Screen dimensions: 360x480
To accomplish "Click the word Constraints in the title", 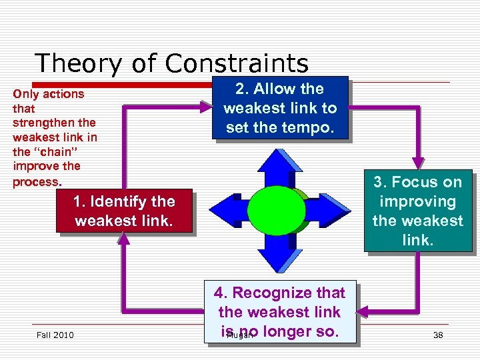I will pos(237,63).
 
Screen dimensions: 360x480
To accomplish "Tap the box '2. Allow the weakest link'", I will pos(280,108).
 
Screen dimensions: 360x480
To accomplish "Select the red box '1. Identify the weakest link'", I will pos(125,211).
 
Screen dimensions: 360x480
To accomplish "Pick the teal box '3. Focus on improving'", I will pos(418,211).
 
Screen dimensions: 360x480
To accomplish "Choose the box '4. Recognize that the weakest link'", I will pos(279,311).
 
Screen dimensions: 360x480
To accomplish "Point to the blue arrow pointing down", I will pos(280,253).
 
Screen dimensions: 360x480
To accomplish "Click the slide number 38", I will pos(438,335).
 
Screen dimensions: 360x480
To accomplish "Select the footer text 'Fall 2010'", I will pos(55,335).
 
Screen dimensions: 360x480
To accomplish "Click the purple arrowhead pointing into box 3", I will pos(418,163).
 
